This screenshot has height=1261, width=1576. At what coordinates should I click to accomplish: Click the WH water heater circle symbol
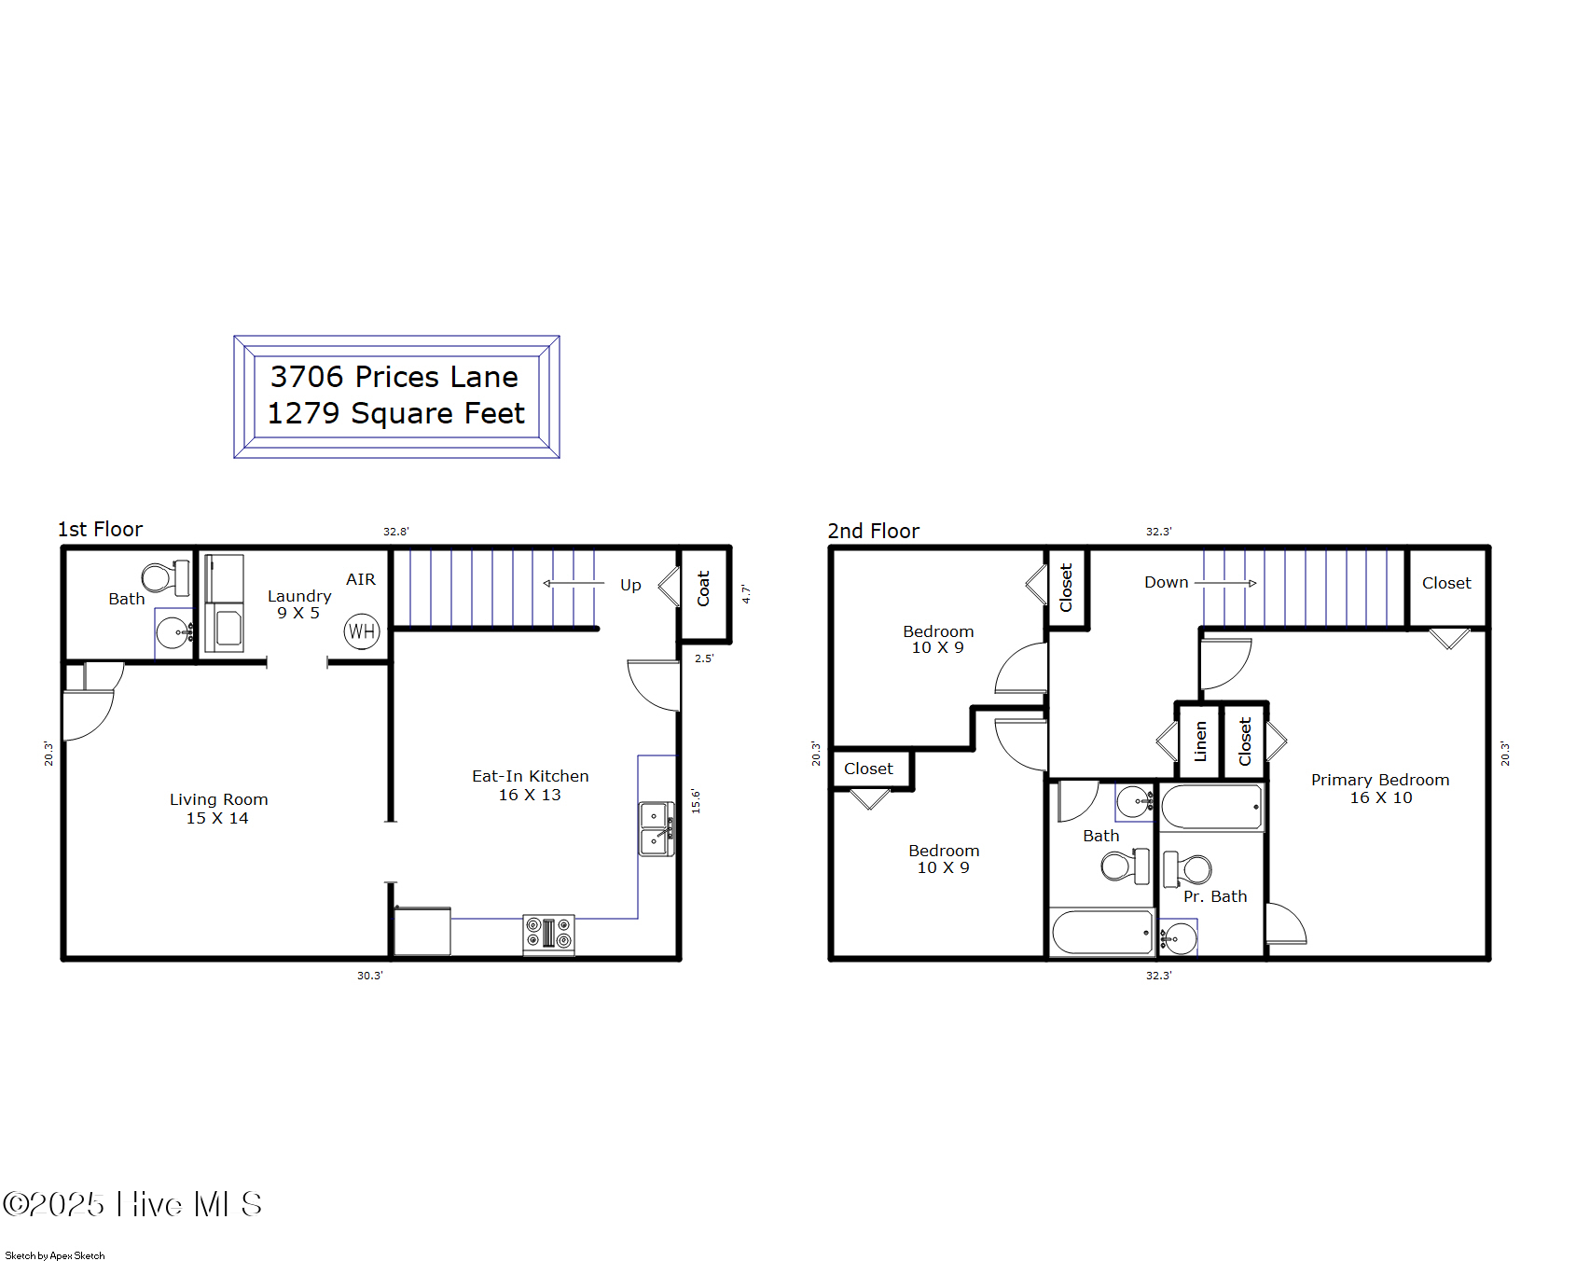362,631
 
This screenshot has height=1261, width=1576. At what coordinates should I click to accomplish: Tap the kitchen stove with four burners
548,934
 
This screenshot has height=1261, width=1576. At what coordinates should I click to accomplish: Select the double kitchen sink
656,828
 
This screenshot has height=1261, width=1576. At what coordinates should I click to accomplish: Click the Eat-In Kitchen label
530,776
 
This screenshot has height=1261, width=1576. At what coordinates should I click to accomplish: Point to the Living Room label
218,799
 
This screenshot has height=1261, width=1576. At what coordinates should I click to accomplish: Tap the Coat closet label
704,589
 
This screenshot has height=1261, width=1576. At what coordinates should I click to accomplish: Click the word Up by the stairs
630,585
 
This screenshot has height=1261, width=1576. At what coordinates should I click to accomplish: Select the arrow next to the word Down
1225,583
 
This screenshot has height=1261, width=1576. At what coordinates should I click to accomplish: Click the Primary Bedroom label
1380,780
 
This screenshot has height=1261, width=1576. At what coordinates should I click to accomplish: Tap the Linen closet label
1200,741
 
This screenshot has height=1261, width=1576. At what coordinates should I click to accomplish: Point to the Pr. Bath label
1214,896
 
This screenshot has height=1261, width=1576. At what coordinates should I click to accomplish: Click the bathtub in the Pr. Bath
1211,808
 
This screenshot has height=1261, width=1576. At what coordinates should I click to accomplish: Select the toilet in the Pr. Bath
1186,869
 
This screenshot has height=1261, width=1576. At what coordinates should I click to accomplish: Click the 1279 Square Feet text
396,413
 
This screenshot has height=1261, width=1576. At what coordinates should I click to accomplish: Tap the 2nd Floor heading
873,531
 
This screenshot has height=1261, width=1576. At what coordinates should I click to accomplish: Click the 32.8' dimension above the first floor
395,532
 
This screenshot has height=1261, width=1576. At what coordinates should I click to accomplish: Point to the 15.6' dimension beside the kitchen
696,800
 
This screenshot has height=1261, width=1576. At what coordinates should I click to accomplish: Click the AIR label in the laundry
361,579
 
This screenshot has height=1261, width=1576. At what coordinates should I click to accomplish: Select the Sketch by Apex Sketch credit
55,1255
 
